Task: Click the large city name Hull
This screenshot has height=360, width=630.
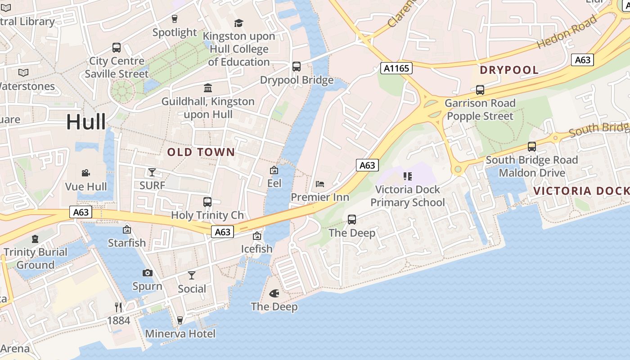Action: click(x=86, y=122)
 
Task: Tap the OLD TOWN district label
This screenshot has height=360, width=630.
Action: click(x=201, y=152)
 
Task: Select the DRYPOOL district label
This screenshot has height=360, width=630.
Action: click(x=509, y=70)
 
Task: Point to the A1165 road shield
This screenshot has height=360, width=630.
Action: click(x=396, y=68)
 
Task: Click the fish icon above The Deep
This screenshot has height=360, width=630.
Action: click(x=274, y=293)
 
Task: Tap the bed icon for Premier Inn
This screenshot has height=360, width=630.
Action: click(x=320, y=184)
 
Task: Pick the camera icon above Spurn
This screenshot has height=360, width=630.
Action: click(x=147, y=273)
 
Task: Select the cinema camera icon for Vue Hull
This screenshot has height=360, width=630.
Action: click(x=85, y=173)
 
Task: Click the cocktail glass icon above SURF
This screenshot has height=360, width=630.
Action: click(x=152, y=172)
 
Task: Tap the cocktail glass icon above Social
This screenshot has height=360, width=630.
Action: click(x=192, y=275)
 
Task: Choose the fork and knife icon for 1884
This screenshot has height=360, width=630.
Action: click(x=118, y=307)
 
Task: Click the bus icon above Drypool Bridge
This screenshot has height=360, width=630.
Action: click(x=297, y=67)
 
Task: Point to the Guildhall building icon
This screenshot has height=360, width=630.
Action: click(x=208, y=88)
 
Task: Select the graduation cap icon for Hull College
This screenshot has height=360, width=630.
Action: click(x=238, y=23)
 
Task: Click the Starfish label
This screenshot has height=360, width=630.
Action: click(x=127, y=243)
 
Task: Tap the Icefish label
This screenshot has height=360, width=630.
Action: click(x=256, y=249)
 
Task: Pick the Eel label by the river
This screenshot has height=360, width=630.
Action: click(x=274, y=183)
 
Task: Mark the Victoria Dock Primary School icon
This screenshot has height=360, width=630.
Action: click(x=408, y=176)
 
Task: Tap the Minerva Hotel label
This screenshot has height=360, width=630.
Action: click(x=180, y=334)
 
